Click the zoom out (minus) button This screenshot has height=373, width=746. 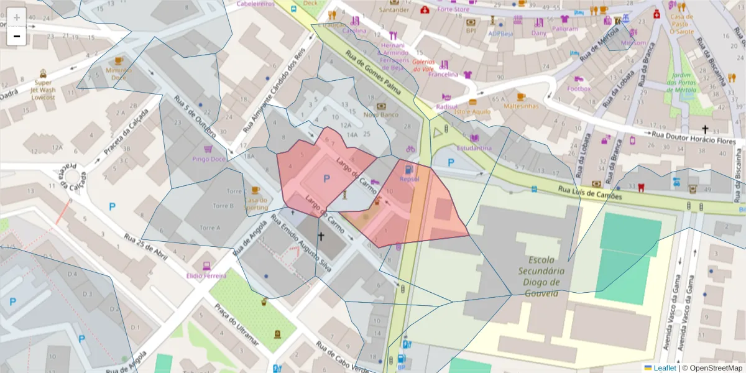coord(16,36)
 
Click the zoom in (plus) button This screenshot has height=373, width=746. coord(16,17)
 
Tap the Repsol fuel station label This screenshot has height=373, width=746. coord(410,179)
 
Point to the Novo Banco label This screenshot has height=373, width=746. coord(380,114)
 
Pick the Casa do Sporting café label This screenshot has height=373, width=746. coord(256,204)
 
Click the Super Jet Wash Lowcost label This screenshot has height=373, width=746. coord(43,90)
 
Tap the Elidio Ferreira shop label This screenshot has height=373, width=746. coord(206,275)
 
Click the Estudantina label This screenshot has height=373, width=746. coord(474,148)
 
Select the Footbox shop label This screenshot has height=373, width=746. coord(579,89)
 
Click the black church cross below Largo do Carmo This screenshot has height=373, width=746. coord(321,236)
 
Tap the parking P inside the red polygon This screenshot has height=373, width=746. coord(326,179)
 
